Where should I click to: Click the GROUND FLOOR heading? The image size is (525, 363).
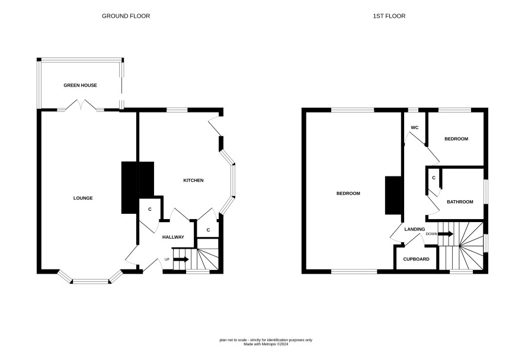click(126, 16)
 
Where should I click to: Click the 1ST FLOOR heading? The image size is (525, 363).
click(389, 16)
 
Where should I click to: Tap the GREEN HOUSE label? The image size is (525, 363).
click(81, 85)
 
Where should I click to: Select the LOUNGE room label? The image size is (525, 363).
click(83, 198)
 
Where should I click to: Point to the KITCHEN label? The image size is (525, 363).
click(194, 181)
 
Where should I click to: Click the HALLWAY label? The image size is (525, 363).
click(173, 237)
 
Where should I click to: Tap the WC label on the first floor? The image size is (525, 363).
click(415, 127)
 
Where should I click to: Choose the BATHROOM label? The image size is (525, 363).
click(460, 202)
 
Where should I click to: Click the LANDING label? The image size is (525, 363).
click(415, 229)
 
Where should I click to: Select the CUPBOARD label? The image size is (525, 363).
click(416, 259)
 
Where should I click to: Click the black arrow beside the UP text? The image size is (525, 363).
click(181, 259)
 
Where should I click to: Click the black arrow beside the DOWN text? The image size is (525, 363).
click(446, 234)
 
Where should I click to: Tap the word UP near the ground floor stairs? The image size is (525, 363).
click(167, 259)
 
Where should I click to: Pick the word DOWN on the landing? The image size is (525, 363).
click(431, 234)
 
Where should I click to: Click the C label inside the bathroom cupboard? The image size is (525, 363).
click(434, 178)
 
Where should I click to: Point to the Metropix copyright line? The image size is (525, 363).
click(266, 344)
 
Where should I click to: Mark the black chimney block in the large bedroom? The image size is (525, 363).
click(393, 195)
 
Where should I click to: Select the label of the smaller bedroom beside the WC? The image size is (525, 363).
click(456, 139)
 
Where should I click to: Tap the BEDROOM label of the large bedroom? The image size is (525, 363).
click(348, 194)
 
